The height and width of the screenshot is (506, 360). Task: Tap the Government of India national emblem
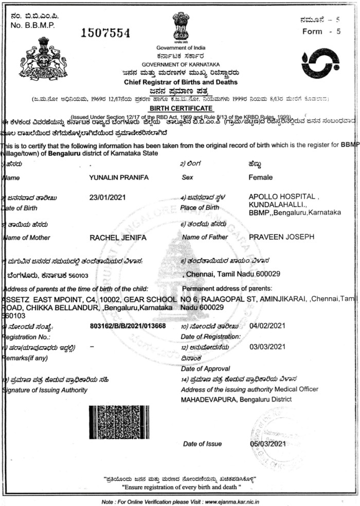[181, 28]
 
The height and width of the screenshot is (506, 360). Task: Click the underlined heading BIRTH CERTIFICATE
[181, 108]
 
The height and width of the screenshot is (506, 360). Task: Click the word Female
[260, 177]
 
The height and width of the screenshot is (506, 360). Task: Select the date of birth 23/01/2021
[107, 197]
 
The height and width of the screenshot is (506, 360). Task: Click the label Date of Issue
[203, 443]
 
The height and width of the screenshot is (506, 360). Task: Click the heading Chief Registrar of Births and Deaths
[181, 82]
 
